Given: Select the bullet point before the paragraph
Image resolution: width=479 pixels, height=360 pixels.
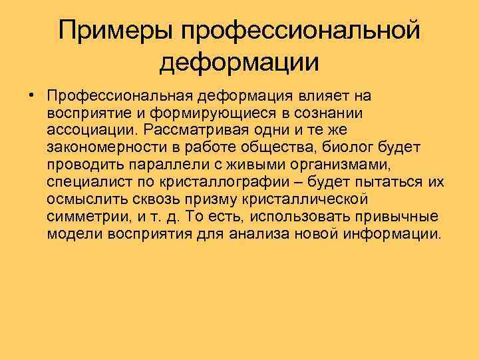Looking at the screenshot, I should pos(32,94).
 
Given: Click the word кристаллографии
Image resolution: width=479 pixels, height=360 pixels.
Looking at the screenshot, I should pos(218,182).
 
